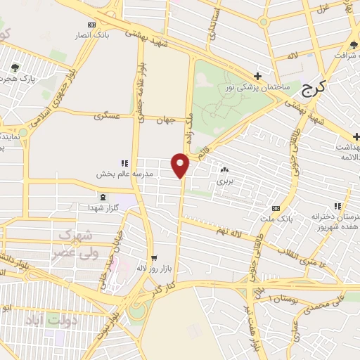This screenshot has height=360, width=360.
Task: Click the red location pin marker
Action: pos(181,165)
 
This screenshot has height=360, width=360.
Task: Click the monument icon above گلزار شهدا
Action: pos(104,197)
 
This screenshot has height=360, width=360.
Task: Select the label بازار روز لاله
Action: pos(153,268)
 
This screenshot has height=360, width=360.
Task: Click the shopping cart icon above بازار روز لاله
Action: pos(153,257)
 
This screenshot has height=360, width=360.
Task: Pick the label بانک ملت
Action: pos(275,219)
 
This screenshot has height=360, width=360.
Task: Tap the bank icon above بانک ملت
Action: pos(275,208)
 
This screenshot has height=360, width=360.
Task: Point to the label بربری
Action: pos(224,181)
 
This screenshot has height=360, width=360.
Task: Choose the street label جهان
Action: pos(166,120)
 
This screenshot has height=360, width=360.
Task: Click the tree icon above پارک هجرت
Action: pos(15,67)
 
